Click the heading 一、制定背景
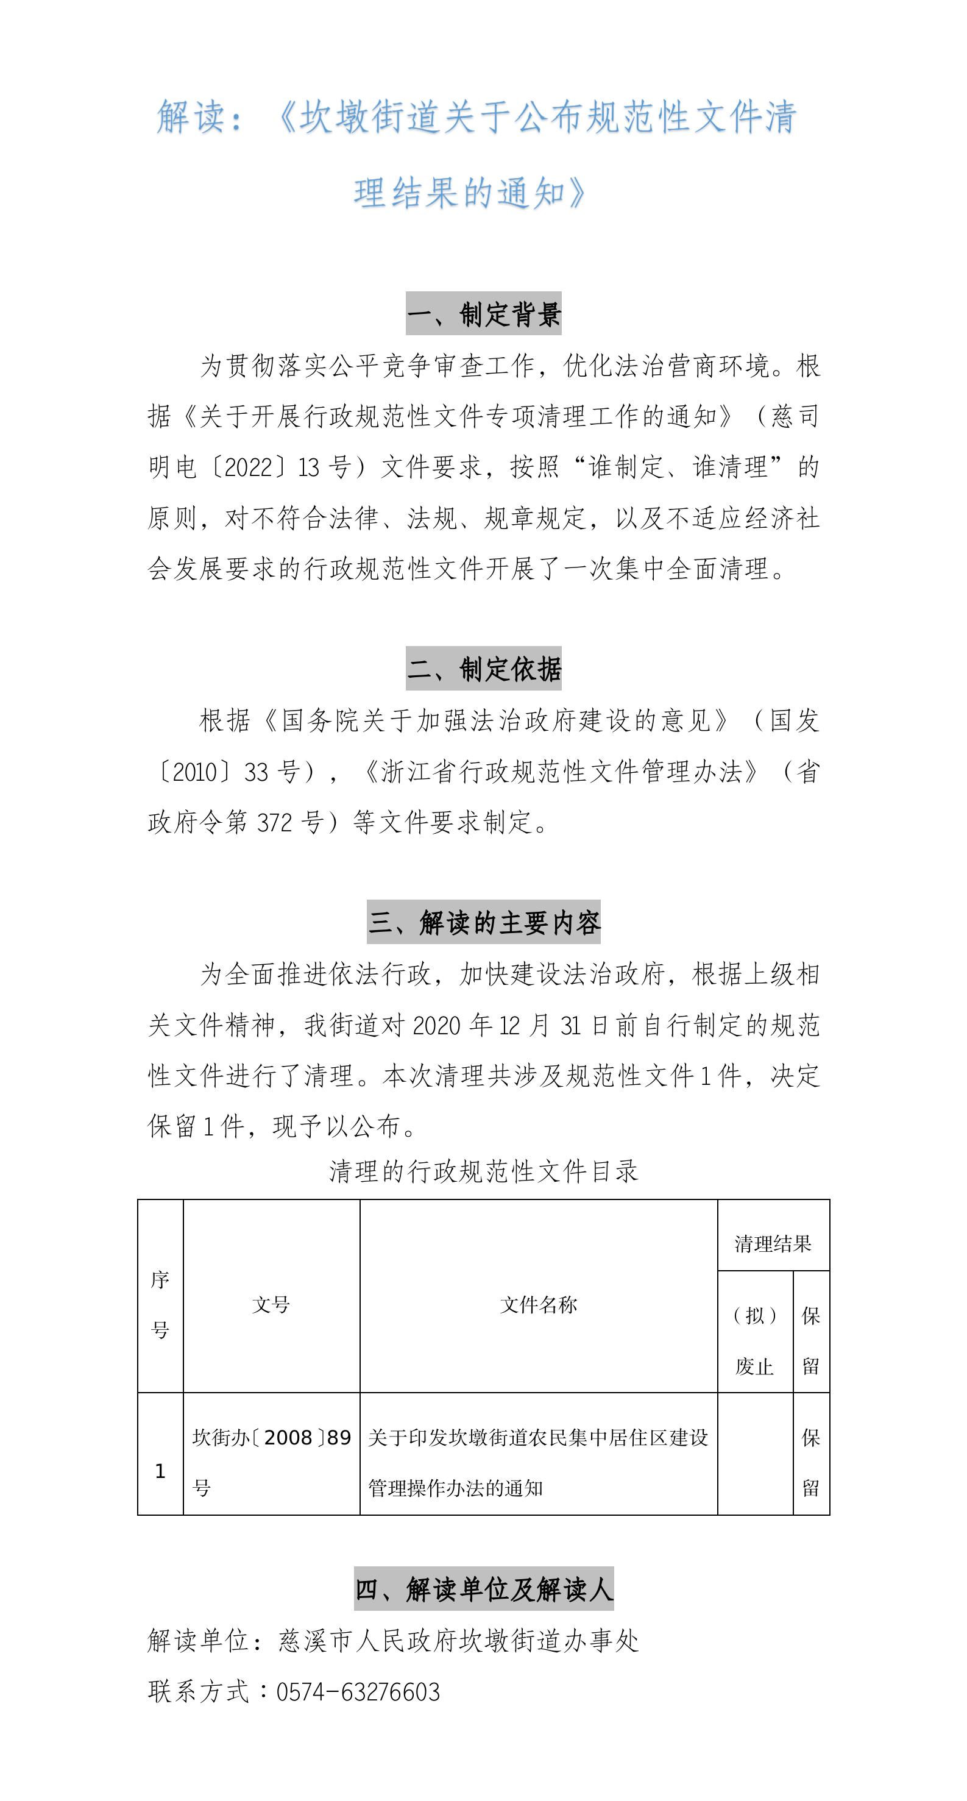483,314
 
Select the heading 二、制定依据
483,669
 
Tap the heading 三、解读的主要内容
483,922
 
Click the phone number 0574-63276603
358,1692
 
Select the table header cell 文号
271,1304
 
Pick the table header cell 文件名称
539,1304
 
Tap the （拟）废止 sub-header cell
755,1340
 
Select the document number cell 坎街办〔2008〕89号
271,1461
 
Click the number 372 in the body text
274,822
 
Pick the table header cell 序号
160,1304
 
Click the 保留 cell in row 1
811,1461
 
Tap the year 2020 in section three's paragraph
436,1025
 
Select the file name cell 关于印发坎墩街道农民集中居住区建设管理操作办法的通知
539,1461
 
